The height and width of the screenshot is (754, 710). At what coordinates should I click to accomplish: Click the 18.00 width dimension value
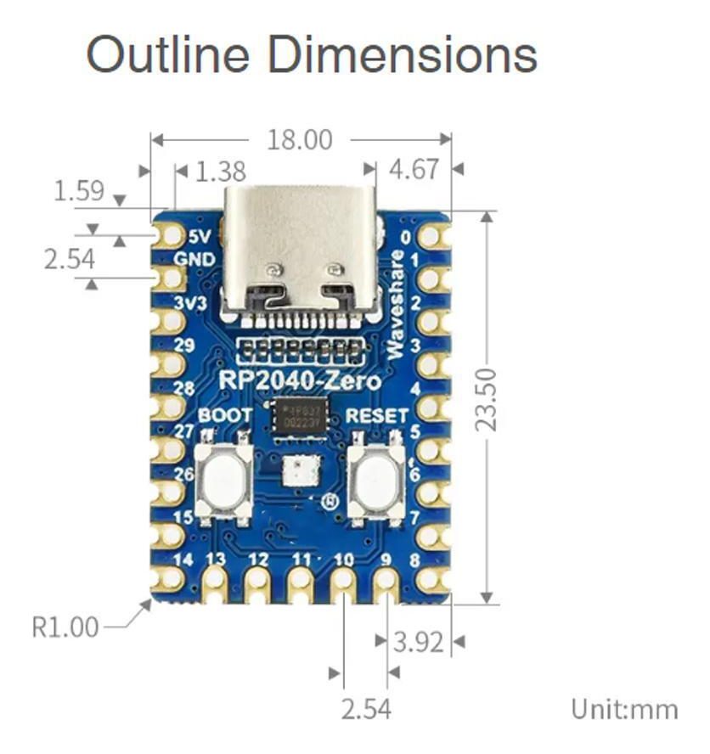(300, 139)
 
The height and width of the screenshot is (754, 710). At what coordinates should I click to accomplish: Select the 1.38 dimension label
(220, 172)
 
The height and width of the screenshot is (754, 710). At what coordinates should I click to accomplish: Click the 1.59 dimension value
(79, 191)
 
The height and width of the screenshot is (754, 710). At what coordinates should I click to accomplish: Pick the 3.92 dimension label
(418, 642)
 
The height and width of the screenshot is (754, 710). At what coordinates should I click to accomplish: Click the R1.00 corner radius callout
(65, 627)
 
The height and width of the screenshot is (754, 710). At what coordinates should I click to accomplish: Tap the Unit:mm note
(625, 708)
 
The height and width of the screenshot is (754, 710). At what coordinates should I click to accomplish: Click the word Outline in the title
(171, 54)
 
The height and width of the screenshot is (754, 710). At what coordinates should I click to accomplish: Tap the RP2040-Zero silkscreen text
(300, 380)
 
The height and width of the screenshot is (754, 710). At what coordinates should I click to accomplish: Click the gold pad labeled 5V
(170, 234)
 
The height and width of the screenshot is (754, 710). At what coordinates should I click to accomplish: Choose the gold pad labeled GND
(170, 278)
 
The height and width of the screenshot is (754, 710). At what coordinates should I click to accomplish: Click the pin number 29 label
(183, 345)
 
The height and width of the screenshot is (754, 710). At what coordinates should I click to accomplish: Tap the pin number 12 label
(258, 560)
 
